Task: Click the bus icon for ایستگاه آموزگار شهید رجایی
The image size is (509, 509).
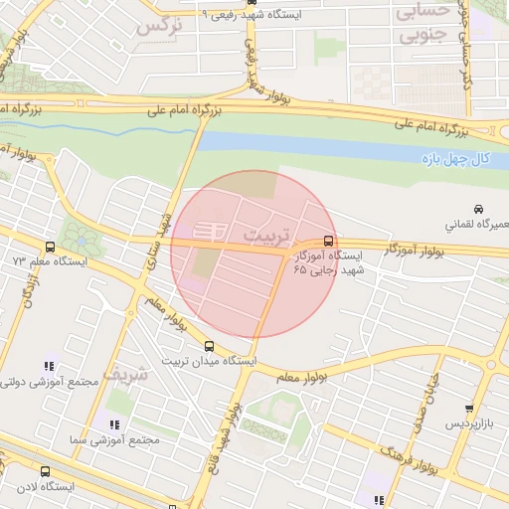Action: click(329, 241)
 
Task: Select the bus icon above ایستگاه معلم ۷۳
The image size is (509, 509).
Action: click(50, 247)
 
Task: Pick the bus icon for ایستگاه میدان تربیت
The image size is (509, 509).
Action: click(209, 346)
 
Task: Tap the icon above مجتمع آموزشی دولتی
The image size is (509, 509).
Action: click(50, 367)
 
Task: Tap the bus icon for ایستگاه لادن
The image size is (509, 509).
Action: click(45, 471)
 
